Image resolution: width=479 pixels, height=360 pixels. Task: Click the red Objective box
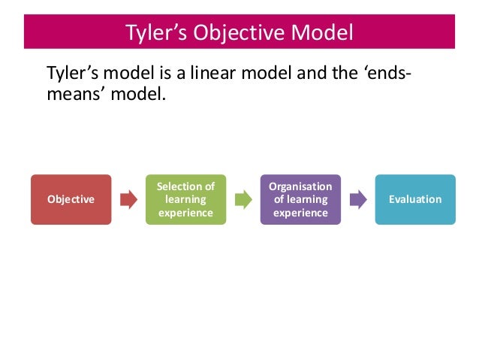(71, 199)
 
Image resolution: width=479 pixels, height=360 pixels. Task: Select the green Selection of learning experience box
(185, 199)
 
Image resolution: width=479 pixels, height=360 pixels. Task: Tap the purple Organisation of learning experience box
(300, 199)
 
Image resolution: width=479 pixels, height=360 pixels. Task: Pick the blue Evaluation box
(415, 199)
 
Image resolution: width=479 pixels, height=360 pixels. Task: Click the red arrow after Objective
(128, 200)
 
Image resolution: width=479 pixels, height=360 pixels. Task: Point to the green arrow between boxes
(243, 200)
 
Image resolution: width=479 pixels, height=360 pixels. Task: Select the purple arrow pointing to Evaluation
(358, 200)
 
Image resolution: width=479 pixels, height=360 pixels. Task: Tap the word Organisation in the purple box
(300, 186)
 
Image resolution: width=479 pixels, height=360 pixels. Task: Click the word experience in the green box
(185, 213)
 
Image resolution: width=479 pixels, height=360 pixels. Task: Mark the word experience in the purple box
(300, 213)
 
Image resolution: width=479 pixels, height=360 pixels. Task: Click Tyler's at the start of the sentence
(71, 74)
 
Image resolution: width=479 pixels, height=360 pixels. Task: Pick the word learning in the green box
(185, 200)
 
